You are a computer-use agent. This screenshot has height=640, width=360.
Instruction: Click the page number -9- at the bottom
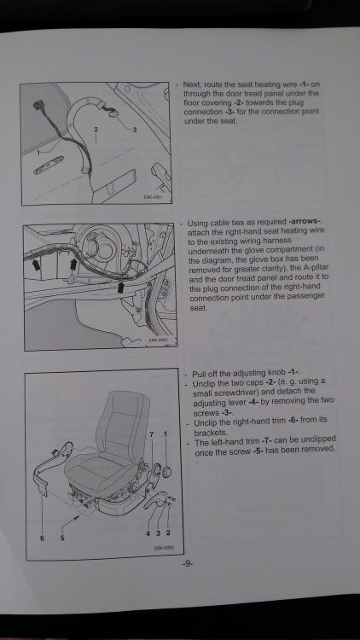188,564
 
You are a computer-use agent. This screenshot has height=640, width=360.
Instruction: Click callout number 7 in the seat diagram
152,433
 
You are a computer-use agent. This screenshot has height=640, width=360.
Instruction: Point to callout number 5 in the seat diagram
62,538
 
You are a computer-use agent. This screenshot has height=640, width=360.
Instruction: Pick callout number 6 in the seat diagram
42,538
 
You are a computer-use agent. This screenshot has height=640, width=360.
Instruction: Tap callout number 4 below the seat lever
148,532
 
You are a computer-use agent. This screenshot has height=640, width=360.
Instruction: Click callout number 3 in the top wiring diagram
135,130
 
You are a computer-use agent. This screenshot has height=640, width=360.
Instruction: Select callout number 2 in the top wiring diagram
96,130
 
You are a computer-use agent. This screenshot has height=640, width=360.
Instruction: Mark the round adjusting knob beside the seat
166,471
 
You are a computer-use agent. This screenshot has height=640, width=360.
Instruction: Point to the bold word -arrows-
305,222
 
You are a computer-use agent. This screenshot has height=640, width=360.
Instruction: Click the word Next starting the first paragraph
192,84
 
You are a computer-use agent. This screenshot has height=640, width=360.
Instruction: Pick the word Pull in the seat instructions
199,374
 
